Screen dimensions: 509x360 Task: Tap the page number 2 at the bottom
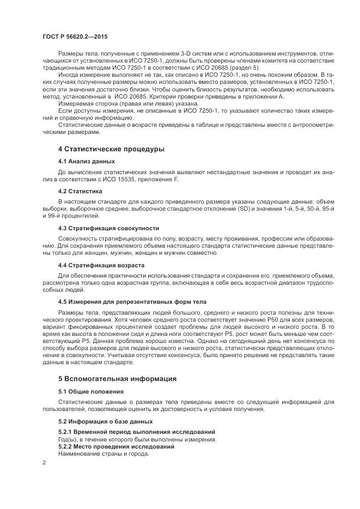click(x=44, y=462)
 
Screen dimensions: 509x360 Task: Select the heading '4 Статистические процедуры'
click(x=112, y=149)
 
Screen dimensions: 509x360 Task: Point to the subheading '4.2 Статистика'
click(x=80, y=191)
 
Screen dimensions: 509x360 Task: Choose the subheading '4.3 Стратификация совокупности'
click(x=108, y=228)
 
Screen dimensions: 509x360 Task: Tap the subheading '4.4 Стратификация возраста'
click(x=101, y=265)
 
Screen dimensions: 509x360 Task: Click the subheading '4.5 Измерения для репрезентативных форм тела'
click(x=132, y=301)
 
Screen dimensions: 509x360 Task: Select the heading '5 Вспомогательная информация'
click(x=117, y=378)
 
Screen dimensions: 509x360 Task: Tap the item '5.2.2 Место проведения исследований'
click(x=116, y=446)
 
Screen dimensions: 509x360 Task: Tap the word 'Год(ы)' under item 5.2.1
click(x=68, y=439)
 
